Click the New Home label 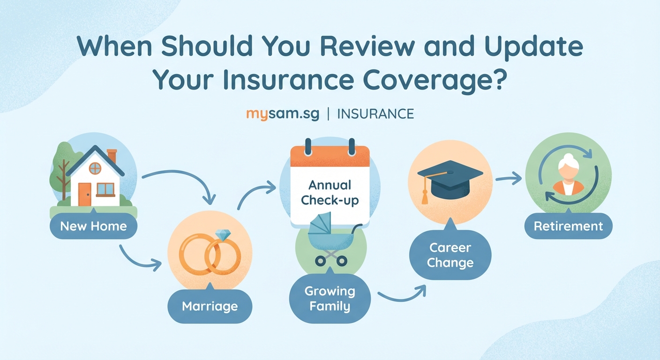tap(93, 226)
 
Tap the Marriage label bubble tap(210, 307)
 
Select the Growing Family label tap(330, 299)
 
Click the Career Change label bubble tap(450, 255)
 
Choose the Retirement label tap(568, 226)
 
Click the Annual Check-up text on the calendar tap(330, 193)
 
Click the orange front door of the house tap(84, 194)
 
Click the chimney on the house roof tap(112, 156)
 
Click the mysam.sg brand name tap(283, 114)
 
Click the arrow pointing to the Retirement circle tap(509, 178)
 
